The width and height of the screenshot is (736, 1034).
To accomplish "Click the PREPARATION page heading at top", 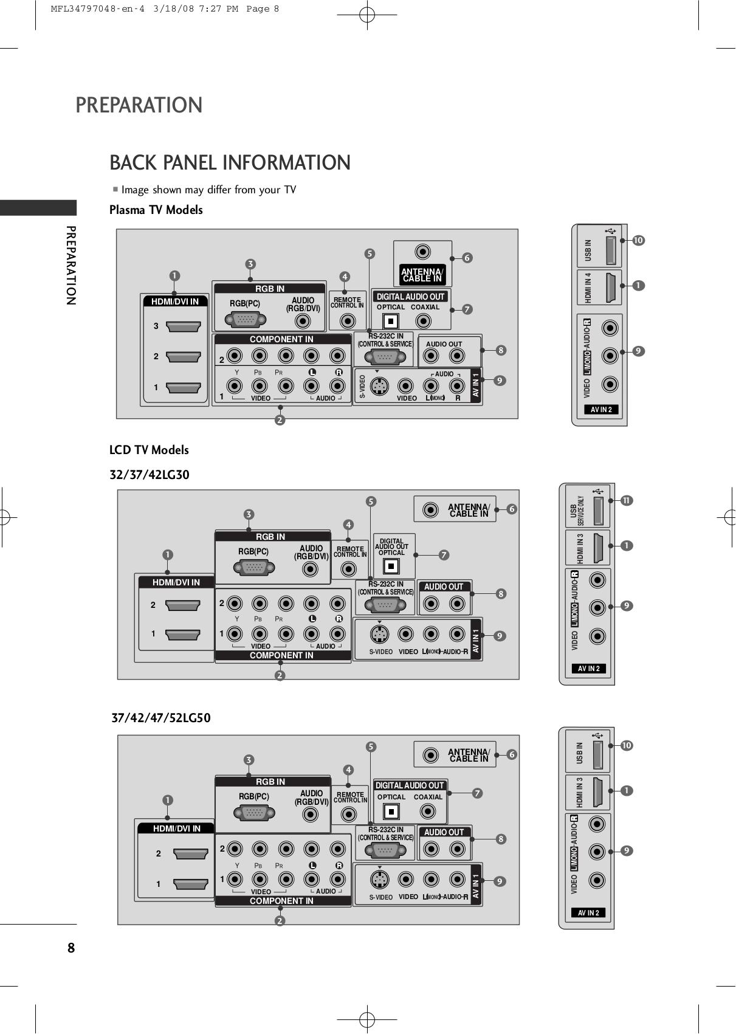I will click(139, 105).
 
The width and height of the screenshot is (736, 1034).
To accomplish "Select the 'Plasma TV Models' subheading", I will click(156, 210).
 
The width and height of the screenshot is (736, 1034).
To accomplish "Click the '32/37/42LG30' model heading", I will click(149, 475).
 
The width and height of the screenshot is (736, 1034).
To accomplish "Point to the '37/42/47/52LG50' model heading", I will click(160, 718).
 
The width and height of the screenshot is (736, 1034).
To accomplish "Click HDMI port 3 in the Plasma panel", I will click(183, 326).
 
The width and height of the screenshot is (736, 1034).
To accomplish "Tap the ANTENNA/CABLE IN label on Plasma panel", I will click(422, 275).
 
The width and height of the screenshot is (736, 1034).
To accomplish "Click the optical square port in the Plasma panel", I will click(391, 320).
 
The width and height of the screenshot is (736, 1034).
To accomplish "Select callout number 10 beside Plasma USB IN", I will click(638, 241).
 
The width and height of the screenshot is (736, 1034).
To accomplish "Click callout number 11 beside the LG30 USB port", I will click(627, 501).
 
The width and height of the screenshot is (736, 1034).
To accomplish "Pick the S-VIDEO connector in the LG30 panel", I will click(379, 634).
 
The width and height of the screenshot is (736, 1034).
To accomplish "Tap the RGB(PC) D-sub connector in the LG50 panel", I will click(254, 813).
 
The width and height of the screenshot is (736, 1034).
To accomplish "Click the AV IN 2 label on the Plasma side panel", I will click(601, 409).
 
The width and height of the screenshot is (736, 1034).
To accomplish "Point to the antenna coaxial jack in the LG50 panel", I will click(430, 756).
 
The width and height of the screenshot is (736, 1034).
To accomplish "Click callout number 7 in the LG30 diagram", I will click(444, 555).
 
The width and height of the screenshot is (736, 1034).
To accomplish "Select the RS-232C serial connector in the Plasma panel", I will click(384, 357).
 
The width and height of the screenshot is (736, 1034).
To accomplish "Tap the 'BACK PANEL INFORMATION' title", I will click(230, 163).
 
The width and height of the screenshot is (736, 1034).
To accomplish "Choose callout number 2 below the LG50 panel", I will click(280, 920).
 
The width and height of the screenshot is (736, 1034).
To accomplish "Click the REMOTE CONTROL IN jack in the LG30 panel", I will click(349, 570).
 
